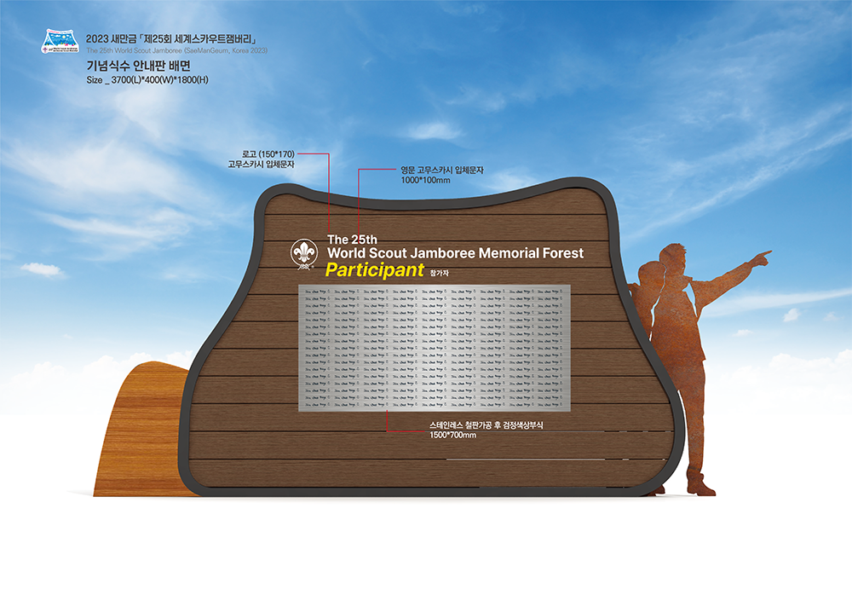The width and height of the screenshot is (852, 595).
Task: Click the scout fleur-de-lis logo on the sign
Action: [304, 254]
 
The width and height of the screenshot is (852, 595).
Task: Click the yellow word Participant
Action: [374, 270]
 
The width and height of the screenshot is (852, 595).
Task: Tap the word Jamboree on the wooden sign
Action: [441, 253]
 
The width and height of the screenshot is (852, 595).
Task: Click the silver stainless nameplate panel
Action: [433, 348]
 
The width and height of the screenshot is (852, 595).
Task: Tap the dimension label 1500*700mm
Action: [453, 436]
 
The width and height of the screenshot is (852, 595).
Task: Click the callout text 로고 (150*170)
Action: [268, 153]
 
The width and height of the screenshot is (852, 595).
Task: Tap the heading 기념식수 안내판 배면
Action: [138, 65]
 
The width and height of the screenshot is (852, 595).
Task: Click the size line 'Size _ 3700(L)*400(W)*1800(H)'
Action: [147, 80]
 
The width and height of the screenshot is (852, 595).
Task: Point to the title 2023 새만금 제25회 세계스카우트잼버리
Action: [171, 39]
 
